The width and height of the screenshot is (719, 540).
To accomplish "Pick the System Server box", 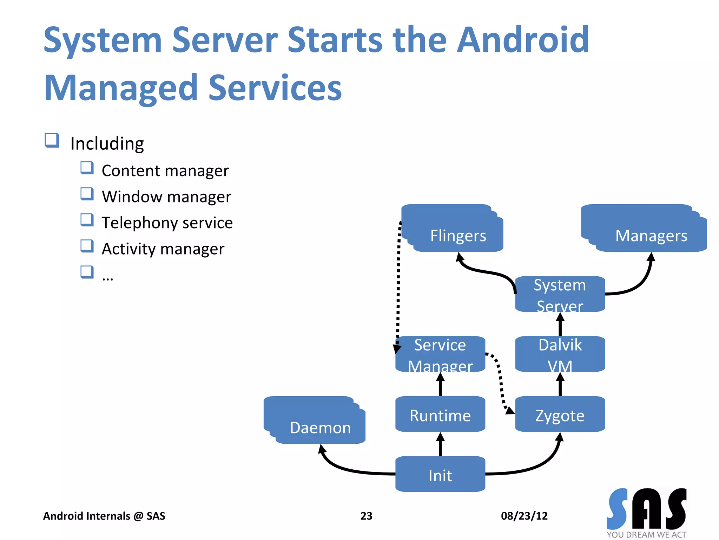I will [560, 294].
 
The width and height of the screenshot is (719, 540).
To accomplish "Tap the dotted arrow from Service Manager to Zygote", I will [500, 380].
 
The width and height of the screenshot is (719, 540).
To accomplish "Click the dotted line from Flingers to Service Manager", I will [398, 281].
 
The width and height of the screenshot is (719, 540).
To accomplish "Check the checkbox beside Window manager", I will [87, 194].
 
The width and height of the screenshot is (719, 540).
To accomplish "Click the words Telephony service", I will [167, 223].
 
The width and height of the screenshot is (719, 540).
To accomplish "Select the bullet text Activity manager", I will [163, 249].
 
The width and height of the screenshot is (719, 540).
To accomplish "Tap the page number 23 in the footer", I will [366, 516].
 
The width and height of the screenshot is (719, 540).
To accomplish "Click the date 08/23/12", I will [524, 516].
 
